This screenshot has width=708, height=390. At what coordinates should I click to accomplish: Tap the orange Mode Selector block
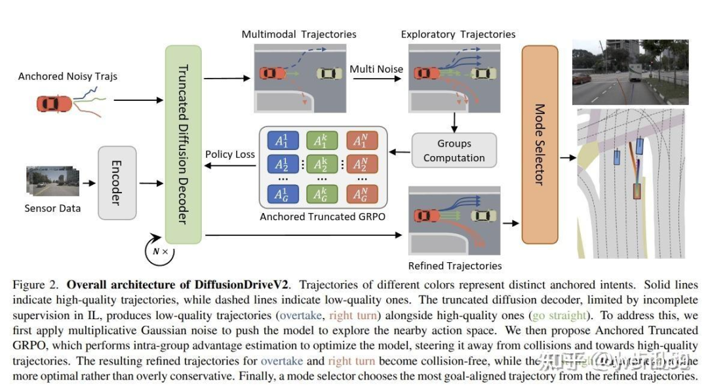click(x=540, y=144)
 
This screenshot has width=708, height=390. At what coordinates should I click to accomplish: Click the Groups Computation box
click(x=454, y=151)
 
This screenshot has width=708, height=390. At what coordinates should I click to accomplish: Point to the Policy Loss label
click(x=229, y=155)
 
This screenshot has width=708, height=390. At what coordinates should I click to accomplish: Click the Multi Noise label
click(x=376, y=69)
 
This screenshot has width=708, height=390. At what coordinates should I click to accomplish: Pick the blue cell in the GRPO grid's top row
click(x=282, y=141)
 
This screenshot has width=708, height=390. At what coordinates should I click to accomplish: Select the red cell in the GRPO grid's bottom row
click(x=360, y=193)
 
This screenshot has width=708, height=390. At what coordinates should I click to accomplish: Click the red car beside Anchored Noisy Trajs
click(x=54, y=103)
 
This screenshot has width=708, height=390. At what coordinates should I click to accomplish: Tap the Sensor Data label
click(x=52, y=208)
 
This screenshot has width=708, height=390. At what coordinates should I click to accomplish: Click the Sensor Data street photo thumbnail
click(x=52, y=181)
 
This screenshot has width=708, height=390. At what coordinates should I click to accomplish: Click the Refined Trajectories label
click(x=455, y=265)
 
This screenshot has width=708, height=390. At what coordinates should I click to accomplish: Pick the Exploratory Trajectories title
click(x=458, y=34)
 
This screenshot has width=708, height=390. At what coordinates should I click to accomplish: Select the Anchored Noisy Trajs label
click(x=68, y=77)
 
